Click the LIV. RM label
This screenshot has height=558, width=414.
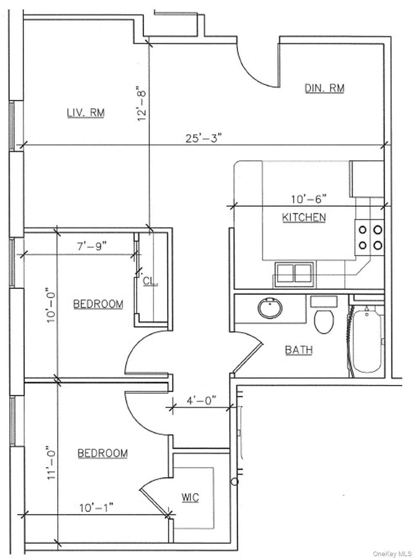coord(86,113)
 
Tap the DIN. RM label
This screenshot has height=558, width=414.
coord(324,88)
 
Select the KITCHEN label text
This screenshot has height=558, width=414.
coord(304,217)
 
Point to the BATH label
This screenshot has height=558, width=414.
coord(299,350)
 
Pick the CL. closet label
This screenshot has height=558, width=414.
coord(150,281)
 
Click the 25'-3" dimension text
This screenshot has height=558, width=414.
coord(203,138)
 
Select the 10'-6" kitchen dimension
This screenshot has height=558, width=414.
coord(308,199)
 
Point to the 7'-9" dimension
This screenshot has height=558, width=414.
coord(92,246)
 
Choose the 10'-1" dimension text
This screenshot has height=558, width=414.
coord(96,508)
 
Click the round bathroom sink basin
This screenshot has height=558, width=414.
coord(270,308)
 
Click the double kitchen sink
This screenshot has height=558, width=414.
coord(294,273)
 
